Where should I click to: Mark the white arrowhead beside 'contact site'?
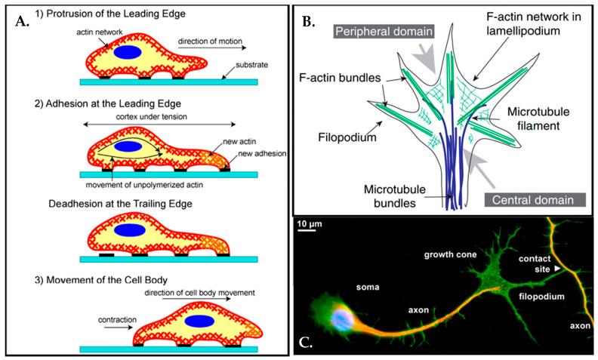[x=558, y=269]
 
